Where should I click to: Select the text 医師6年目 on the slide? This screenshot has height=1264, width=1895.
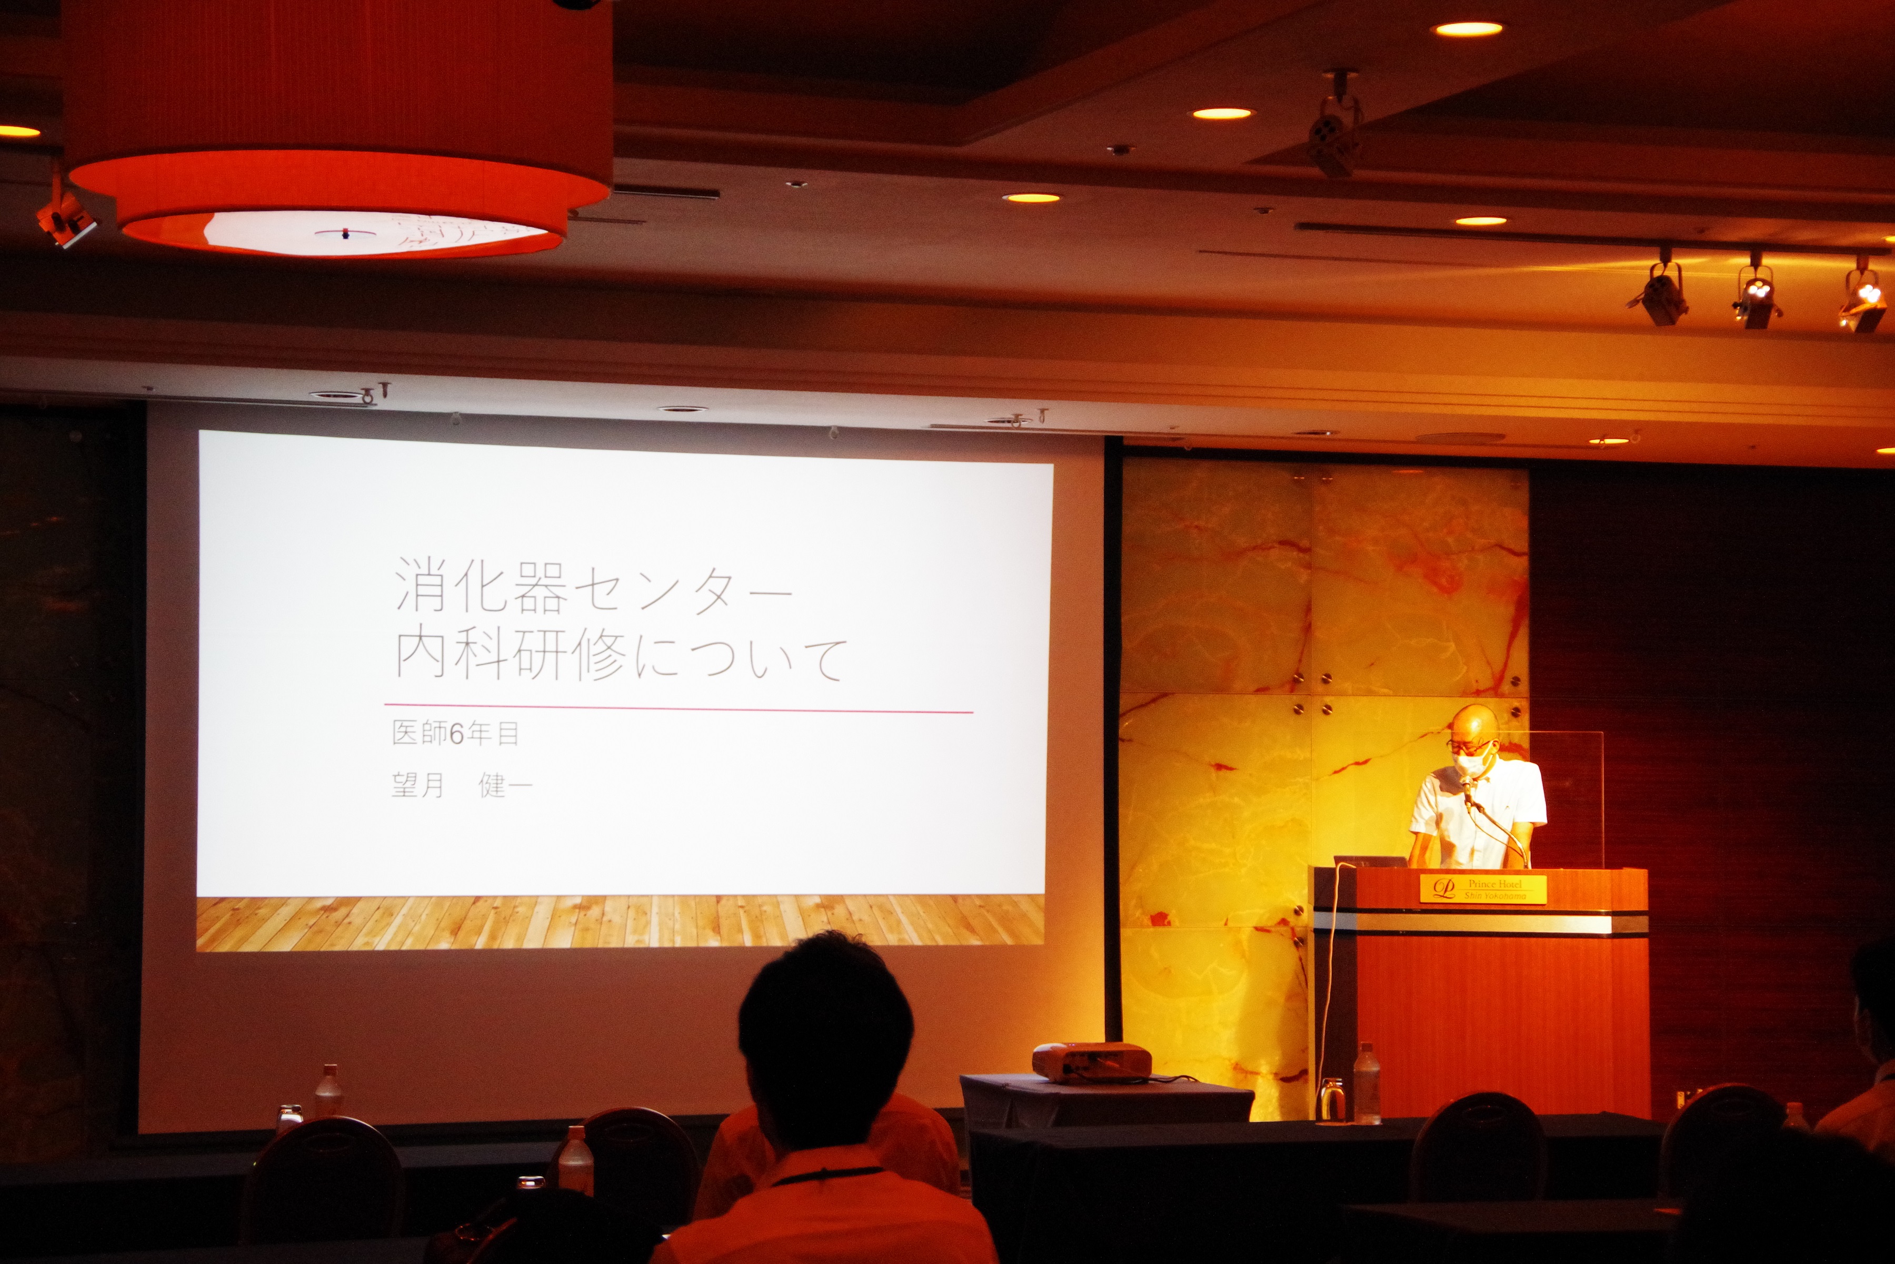(455, 733)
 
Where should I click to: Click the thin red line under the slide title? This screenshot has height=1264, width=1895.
(679, 708)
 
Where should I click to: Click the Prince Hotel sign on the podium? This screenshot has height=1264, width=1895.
(1482, 888)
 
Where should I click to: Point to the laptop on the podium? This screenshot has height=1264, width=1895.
(1369, 860)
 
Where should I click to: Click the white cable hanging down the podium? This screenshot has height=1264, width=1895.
(1326, 992)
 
